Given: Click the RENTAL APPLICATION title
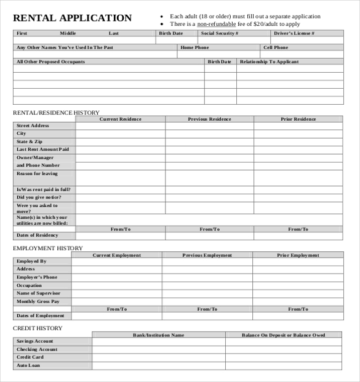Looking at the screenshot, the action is [x=73, y=18].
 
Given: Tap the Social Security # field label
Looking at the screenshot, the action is [x=219, y=33].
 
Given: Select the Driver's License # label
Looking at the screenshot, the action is [x=294, y=33].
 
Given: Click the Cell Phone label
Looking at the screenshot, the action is [x=275, y=47].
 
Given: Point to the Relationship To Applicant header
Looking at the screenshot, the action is [x=269, y=62].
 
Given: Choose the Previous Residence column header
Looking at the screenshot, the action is [x=210, y=119].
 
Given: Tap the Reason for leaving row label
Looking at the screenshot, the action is [x=37, y=174].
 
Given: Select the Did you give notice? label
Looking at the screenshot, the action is [x=38, y=197].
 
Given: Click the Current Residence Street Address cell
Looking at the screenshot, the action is [x=120, y=126].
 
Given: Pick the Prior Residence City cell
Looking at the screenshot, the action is [x=298, y=134].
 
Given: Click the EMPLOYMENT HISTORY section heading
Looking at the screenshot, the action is [x=48, y=248].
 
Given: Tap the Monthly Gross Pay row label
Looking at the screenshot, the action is [x=38, y=301].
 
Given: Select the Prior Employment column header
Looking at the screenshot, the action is [x=298, y=255].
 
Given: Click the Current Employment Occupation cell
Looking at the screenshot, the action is [x=116, y=285].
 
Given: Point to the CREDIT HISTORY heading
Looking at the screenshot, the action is [x=38, y=328].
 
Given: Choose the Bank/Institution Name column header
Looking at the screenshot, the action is [x=158, y=335].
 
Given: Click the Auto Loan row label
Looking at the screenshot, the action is [x=28, y=365].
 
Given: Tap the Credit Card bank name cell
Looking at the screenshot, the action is [x=158, y=357].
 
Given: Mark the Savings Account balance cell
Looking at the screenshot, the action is [x=283, y=341].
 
